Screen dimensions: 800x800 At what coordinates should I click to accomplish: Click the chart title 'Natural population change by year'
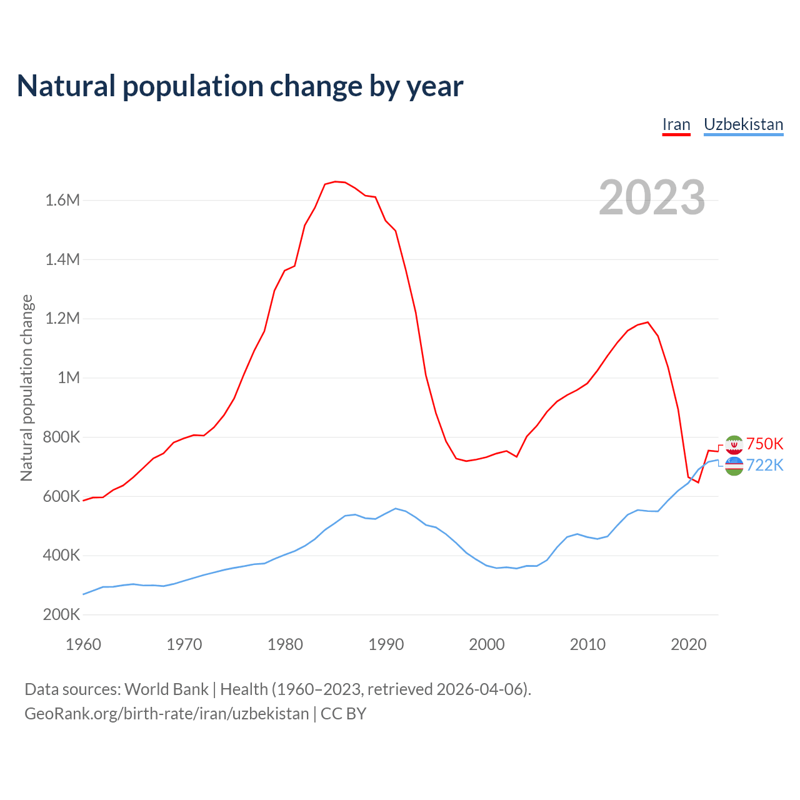tap(240, 86)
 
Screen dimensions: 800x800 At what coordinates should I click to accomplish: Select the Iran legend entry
tap(676, 124)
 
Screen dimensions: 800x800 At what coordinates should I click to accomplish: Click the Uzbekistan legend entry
tap(743, 124)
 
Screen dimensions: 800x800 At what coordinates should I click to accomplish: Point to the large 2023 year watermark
tap(652, 197)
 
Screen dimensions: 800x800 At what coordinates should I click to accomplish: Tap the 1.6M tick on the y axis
tap(62, 200)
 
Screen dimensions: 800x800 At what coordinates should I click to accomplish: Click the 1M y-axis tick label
tap(69, 377)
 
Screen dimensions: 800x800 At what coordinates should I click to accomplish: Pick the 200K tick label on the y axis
tap(61, 614)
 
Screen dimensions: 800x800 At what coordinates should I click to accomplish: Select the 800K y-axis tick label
tap(61, 437)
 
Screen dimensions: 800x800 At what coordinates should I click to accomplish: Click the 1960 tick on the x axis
tap(83, 644)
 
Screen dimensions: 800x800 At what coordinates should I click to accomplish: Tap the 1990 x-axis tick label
tap(386, 644)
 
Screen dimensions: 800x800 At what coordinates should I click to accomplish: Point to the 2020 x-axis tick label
tap(688, 644)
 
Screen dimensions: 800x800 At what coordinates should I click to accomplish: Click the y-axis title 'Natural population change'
tap(27, 388)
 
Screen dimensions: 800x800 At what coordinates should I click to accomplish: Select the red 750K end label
tap(764, 444)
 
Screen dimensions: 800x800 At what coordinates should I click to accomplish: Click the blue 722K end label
tap(764, 465)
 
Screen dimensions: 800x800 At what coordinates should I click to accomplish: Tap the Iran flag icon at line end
tap(734, 444)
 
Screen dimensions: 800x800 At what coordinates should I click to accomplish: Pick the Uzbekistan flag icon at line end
tap(734, 466)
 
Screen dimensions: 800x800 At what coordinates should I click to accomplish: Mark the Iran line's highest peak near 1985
tap(335, 181)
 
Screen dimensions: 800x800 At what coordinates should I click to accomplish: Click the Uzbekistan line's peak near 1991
tap(396, 508)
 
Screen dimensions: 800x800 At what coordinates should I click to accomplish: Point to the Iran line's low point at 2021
tap(698, 482)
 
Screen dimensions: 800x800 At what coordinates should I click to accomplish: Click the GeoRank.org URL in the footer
tap(166, 714)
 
